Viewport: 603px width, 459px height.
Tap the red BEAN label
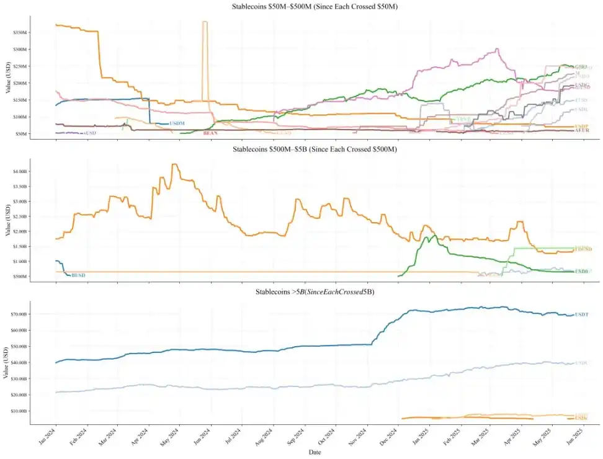coord(210,133)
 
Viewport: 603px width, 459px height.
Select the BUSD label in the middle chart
coord(78,275)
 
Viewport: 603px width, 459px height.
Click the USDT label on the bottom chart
coord(581,315)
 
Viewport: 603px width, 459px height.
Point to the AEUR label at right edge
coord(581,131)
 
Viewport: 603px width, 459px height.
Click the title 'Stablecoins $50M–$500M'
coord(315,6)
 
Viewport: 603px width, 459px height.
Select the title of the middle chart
coord(315,149)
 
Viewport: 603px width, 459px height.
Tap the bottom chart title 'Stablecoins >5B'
coord(315,292)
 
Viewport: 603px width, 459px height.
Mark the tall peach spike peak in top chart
coord(205,22)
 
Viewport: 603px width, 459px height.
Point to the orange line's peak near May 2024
coord(175,164)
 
